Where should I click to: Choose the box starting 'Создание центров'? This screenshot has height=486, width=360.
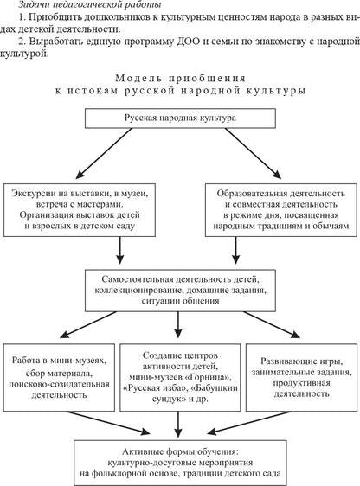179,376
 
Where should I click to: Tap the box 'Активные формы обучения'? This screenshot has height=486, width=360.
179,462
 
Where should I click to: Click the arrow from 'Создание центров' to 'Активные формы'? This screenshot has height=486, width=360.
179,423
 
